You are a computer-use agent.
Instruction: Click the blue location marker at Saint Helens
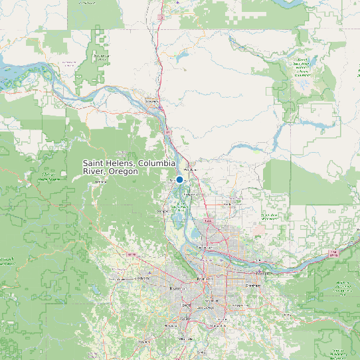click(179, 179)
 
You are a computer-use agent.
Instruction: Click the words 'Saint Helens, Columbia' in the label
click(129, 163)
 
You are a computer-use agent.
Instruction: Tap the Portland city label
click(202, 280)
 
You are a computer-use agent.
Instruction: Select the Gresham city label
click(252, 285)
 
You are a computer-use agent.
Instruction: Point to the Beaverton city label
click(177, 290)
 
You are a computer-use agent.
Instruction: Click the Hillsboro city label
click(142, 279)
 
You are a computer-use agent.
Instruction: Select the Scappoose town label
click(163, 211)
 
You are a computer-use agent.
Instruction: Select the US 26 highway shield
click(131, 254)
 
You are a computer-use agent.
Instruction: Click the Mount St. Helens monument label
click(302, 66)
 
